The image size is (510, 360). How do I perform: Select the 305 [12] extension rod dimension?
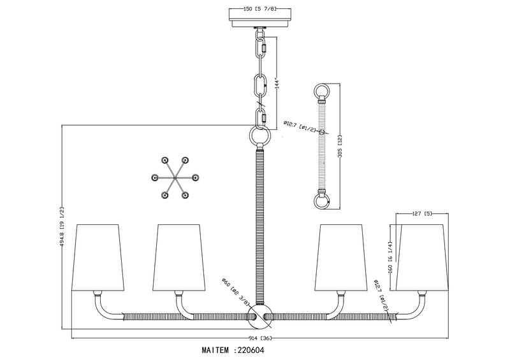343,147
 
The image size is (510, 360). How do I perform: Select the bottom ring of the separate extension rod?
322,202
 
